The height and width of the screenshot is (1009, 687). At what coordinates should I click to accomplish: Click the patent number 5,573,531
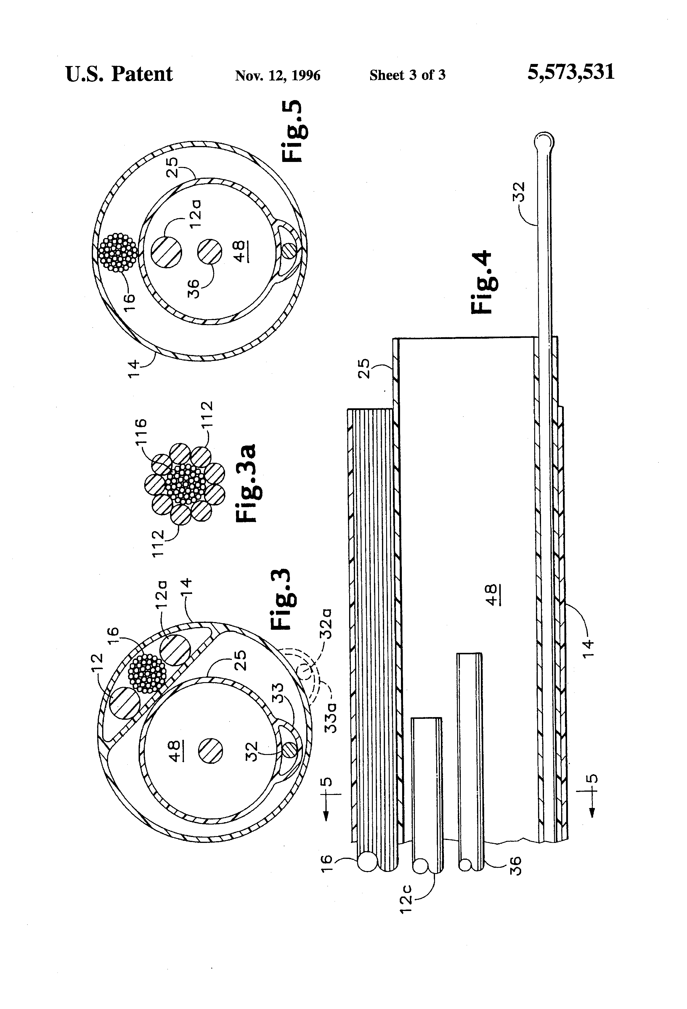571,72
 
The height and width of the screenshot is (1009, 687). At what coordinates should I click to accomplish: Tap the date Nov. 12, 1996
277,75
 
